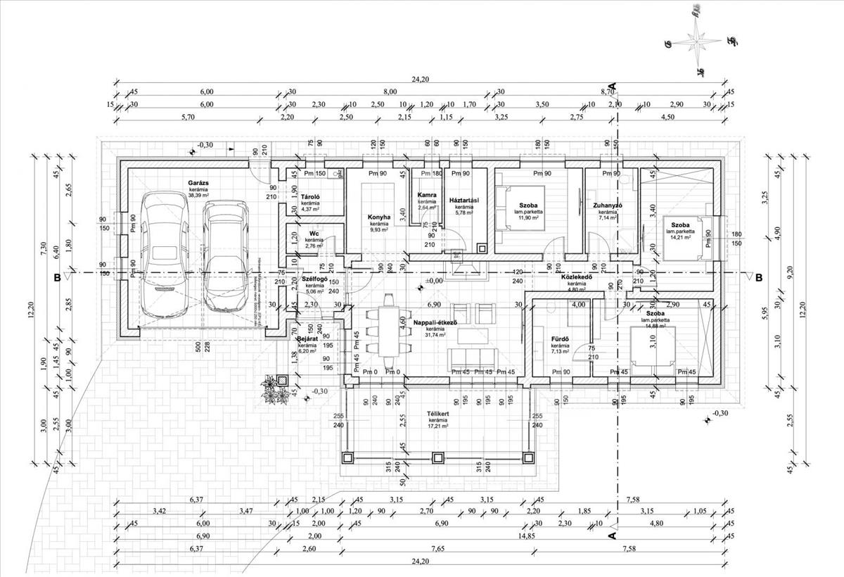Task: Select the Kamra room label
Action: click(427, 195)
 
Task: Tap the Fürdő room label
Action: click(560, 340)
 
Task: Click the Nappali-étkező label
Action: click(436, 322)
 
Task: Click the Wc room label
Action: click(314, 234)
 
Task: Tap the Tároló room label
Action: click(311, 197)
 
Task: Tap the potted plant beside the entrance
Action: click(274, 389)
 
